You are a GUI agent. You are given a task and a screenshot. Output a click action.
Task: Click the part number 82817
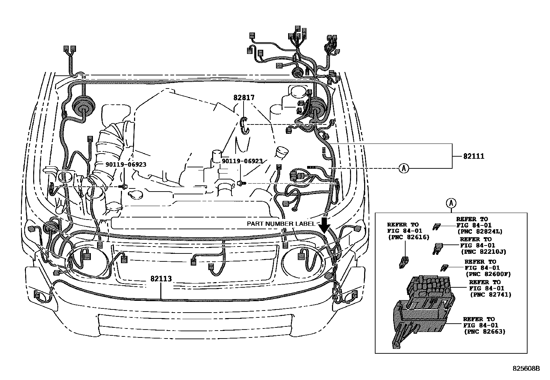tap(244, 98)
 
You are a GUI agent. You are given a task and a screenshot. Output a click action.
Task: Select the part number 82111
tap(474, 156)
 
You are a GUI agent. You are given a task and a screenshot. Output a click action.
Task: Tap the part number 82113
tap(161, 279)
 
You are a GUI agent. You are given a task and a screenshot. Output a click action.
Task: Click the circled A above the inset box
tap(451, 203)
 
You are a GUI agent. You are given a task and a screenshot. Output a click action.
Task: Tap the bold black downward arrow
tap(324, 226)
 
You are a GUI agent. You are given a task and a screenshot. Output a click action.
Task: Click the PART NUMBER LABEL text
tap(281, 224)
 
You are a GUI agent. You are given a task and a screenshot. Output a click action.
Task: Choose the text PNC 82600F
tap(488, 274)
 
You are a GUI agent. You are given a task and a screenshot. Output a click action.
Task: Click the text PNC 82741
tap(491, 295)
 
